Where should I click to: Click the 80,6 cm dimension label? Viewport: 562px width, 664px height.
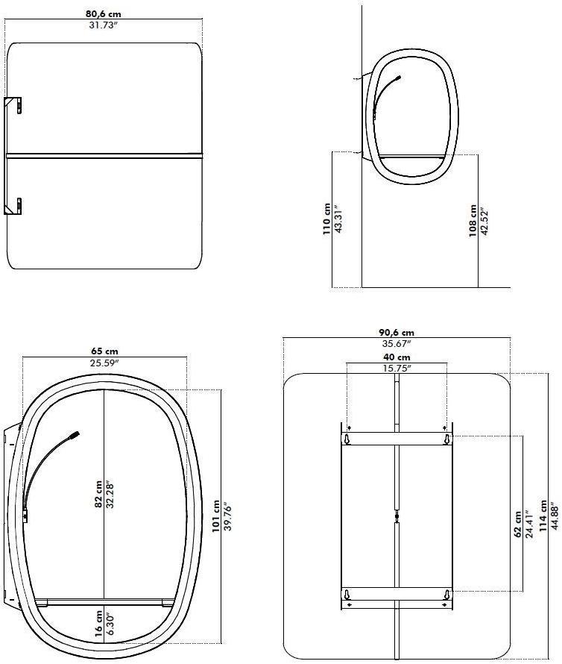[104, 14]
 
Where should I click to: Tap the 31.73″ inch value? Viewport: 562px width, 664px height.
[103, 25]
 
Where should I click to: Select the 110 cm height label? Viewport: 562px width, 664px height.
[326, 219]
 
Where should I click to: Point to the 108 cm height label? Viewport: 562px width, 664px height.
[473, 221]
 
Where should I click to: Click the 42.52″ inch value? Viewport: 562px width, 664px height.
[484, 222]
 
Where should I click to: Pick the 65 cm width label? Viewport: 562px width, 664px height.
[104, 351]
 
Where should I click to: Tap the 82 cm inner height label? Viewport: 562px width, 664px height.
[98, 494]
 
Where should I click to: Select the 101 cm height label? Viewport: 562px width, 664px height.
[216, 516]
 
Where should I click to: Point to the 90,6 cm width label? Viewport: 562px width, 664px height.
[397, 333]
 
